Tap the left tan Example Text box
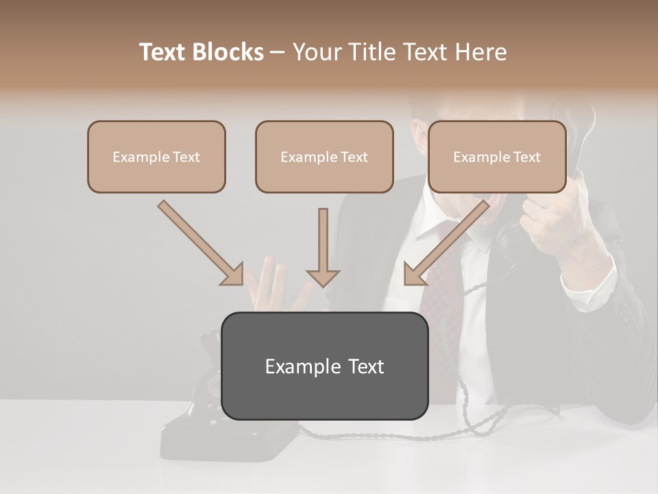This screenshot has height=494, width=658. point(156,157)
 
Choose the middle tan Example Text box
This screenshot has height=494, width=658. point(324,157)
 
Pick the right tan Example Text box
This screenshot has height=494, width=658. point(497,157)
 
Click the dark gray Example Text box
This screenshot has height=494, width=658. point(324,366)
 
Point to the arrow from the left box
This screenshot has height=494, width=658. point(201,243)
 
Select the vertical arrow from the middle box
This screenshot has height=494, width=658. point(323,247)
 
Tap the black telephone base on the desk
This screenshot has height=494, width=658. point(206,432)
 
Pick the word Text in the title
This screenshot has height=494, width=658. point(164,52)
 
